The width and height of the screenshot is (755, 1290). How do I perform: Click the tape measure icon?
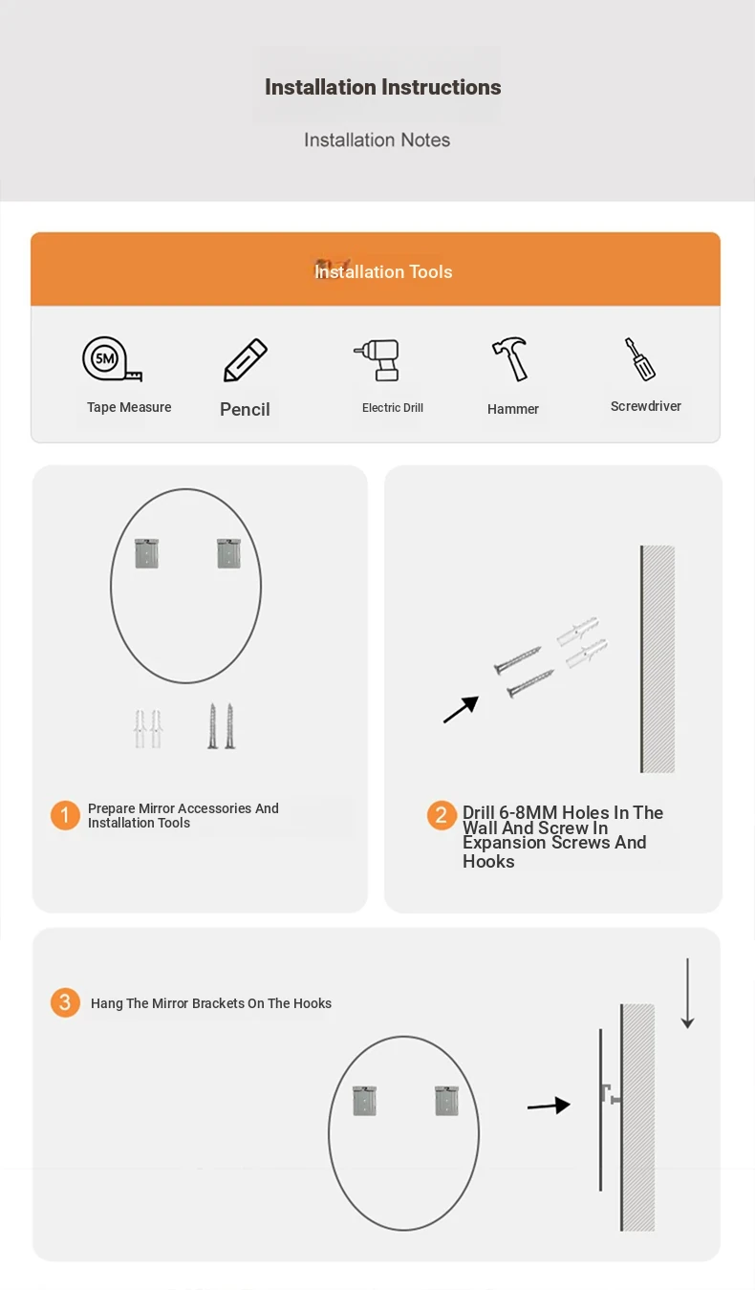(112, 359)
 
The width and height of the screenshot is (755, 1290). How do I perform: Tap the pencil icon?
(246, 360)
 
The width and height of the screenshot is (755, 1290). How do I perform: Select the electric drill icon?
(377, 360)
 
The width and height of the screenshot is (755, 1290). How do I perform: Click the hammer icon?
(509, 359)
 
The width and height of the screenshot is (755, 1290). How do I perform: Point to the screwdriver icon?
(639, 359)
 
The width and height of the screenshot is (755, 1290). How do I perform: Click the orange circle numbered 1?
(65, 815)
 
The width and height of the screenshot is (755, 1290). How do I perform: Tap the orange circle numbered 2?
(442, 815)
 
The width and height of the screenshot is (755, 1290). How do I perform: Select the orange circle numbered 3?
(65, 1002)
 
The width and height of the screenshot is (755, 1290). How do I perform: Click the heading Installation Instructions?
(383, 87)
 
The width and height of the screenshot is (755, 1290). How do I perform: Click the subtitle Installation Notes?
(377, 140)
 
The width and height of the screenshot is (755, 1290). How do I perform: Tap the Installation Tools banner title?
(383, 271)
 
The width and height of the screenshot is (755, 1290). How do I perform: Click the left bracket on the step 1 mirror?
(147, 553)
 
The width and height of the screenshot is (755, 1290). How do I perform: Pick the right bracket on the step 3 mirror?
(446, 1101)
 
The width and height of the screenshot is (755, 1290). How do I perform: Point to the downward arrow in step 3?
(687, 994)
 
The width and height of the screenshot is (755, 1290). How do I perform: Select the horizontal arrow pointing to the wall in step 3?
(549, 1106)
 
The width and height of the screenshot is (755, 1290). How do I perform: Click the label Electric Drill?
(393, 408)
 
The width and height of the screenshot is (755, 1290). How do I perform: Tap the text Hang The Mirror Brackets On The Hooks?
(211, 1003)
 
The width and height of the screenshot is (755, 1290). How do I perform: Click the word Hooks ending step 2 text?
(488, 862)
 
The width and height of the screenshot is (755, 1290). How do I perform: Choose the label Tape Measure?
(129, 407)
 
